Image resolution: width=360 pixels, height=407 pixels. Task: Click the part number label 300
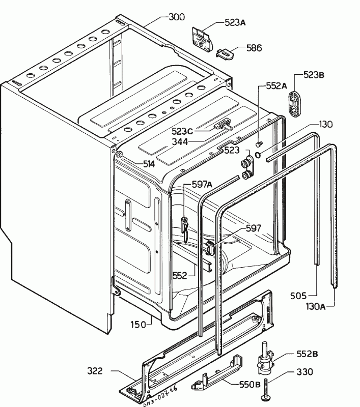177,17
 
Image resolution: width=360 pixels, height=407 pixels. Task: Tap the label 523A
235,22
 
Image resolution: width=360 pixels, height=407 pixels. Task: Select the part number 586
254,48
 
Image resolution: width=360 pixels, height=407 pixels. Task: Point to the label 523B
314,75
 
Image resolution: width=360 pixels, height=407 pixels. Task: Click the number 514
148,163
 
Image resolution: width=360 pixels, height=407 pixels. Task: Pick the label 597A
202,184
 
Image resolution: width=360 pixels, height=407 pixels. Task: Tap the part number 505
298,295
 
